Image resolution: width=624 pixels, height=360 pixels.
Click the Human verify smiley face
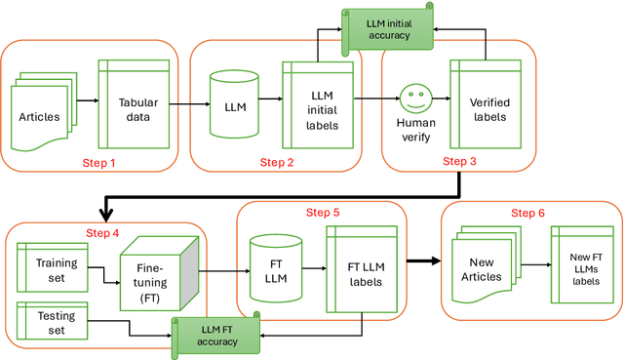point(416,98)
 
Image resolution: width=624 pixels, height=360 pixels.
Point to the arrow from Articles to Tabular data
point(87,100)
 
